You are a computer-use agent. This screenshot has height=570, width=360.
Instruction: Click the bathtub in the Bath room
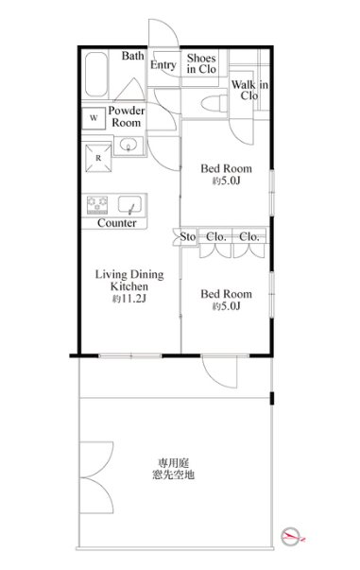(96, 75)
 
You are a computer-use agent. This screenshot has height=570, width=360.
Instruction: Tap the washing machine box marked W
(94, 118)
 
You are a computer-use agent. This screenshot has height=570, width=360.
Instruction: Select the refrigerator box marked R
(98, 158)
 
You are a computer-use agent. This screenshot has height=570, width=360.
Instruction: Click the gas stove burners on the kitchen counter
(97, 205)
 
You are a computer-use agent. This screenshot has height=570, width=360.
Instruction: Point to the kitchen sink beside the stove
(129, 205)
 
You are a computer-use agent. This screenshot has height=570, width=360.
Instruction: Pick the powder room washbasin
(129, 145)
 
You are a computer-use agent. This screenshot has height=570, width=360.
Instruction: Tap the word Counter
(117, 223)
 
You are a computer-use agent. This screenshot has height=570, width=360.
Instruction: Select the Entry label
(163, 64)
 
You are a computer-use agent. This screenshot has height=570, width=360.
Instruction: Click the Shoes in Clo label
(201, 63)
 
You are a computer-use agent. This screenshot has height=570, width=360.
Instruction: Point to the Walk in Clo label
(249, 90)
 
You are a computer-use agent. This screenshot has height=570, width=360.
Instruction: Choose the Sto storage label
(188, 237)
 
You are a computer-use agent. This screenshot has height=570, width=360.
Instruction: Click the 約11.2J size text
(129, 299)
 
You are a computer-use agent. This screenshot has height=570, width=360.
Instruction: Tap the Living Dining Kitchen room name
(129, 280)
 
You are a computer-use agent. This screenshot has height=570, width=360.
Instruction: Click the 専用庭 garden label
(173, 463)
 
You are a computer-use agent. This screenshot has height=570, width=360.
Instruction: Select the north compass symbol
(291, 536)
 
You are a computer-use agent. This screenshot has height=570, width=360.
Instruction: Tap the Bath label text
(132, 56)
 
